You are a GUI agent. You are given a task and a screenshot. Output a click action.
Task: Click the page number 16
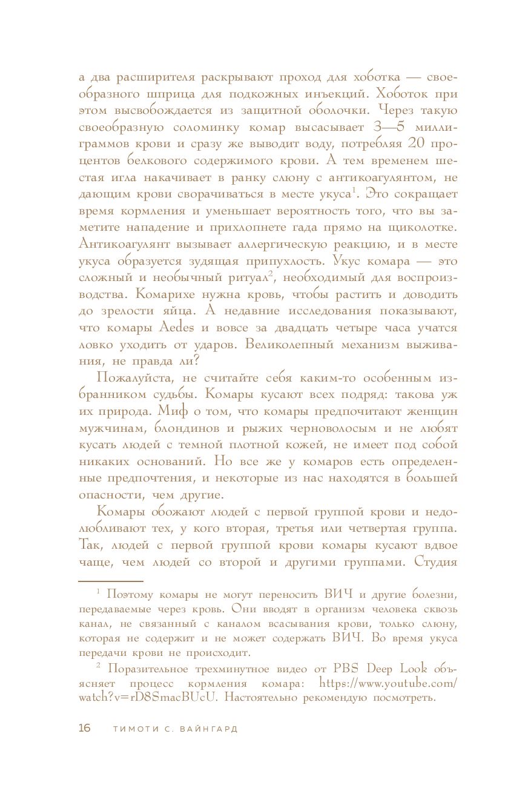pyautogui.click(x=84, y=729)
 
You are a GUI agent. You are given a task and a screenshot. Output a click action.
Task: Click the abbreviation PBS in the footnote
pyautogui.click(x=346, y=669)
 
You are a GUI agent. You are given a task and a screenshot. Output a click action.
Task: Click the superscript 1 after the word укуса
pyautogui.click(x=353, y=191)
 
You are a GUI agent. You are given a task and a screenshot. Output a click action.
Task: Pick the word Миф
pyautogui.click(x=172, y=412)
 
